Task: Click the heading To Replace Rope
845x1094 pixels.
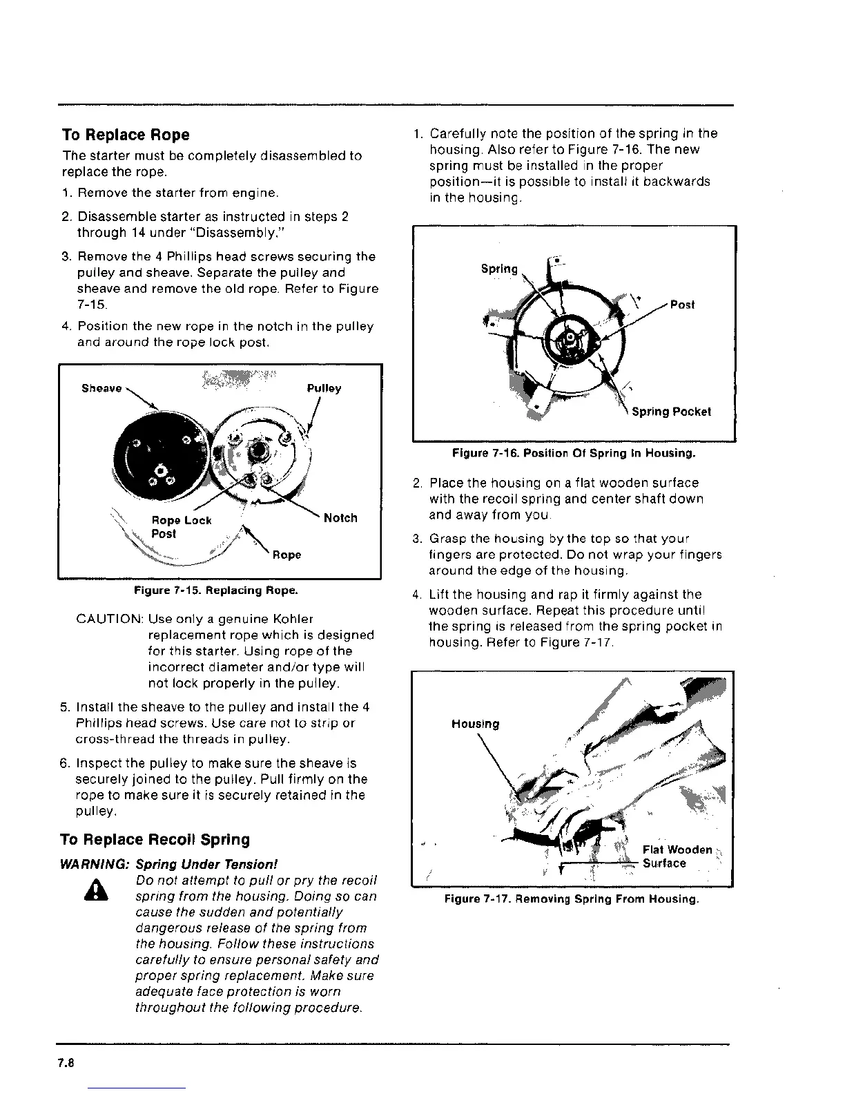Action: point(125,135)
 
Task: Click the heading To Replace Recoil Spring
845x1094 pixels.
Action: point(155,840)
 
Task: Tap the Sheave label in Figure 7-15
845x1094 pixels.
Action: point(101,388)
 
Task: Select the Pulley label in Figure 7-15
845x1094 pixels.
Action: point(324,388)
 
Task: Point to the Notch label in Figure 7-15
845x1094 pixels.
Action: point(340,518)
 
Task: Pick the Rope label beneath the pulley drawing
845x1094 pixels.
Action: point(286,555)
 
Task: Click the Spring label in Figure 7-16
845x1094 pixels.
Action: point(498,269)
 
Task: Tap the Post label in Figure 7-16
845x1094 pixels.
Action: point(682,305)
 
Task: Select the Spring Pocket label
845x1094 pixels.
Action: point(671,412)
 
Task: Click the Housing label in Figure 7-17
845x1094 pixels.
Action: point(475,724)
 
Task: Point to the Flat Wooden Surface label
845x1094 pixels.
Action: point(676,856)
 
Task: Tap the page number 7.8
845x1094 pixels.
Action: point(66,1064)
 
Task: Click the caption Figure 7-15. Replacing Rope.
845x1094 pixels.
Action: point(216,591)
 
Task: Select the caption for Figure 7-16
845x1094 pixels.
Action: point(573,454)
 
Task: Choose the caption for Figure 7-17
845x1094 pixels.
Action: point(572,899)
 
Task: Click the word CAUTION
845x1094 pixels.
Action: point(109,619)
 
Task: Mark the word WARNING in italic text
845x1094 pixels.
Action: point(95,864)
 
